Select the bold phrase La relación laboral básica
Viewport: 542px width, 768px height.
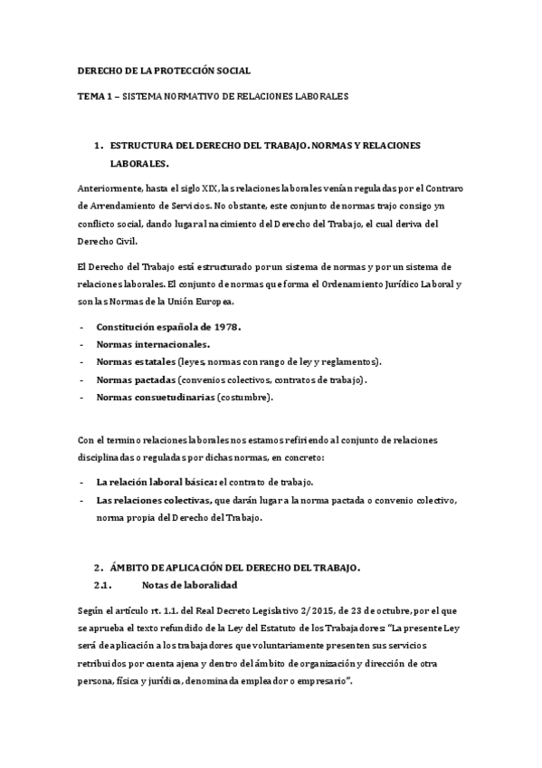pyautogui.click(x=156, y=483)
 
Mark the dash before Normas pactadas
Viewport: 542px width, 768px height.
pyautogui.click(x=82, y=379)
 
